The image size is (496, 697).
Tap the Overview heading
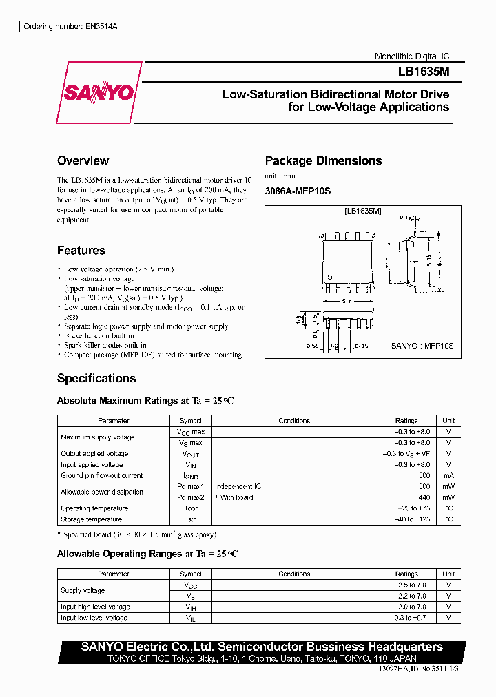click(83, 160)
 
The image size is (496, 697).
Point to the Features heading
click(81, 251)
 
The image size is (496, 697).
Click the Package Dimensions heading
click(323, 160)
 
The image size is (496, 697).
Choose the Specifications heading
click(96, 378)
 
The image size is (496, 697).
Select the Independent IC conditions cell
click(238, 486)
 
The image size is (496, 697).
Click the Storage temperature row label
click(92, 519)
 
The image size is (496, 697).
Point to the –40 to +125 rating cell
click(413, 519)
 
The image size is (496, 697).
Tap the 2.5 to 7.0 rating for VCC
click(413, 585)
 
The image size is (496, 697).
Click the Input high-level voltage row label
click(95, 607)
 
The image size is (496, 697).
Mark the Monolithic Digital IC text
click(412, 56)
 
